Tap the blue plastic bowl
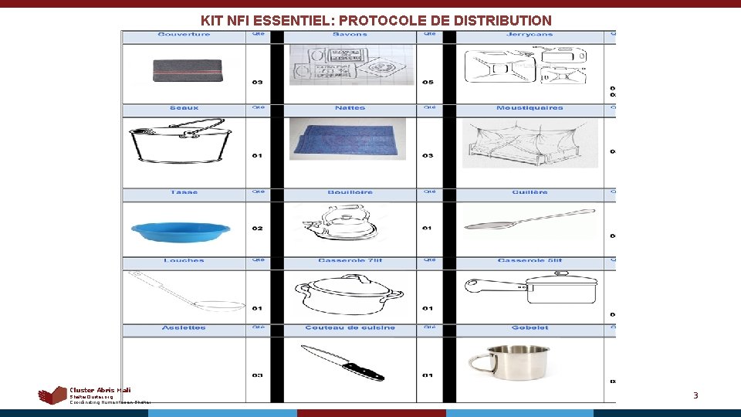pos(181,229)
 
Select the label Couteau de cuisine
pos(350,328)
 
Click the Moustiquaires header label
pos(530,108)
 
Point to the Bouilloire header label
pos(350,192)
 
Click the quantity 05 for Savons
pos(428,83)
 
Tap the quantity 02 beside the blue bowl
pos(257,229)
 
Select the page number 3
pos(695,396)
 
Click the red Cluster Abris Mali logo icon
pos(52,395)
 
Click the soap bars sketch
pos(350,63)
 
